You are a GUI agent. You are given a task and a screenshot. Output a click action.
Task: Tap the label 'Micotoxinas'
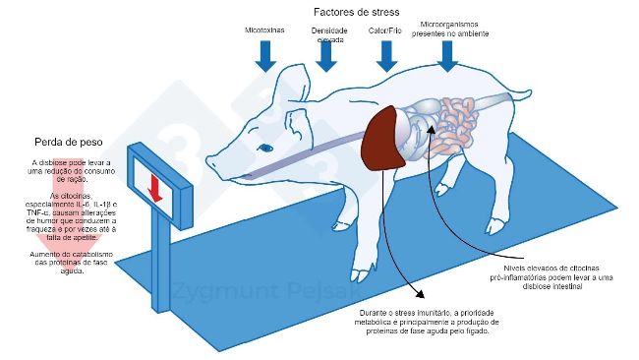265,31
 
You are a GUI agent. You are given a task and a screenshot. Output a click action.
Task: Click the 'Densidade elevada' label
328,35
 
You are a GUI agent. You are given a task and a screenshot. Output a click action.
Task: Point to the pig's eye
265,149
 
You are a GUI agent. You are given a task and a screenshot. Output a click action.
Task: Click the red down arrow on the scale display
154,188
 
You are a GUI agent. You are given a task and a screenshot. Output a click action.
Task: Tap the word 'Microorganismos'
448,23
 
